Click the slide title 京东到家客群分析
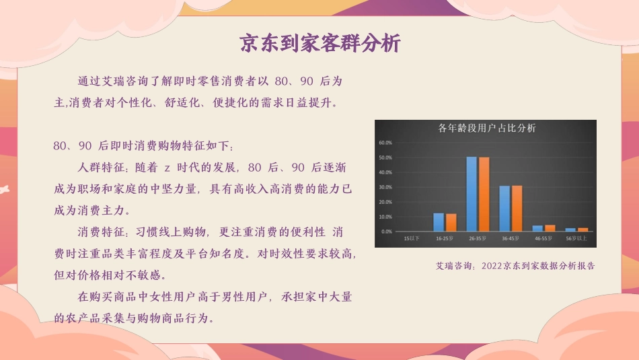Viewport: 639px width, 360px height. tap(319, 44)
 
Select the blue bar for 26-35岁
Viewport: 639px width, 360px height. tap(472, 194)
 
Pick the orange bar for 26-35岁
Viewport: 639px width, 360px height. tap(484, 194)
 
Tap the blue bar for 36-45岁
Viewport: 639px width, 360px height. tap(504, 209)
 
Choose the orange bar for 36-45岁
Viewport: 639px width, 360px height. tap(517, 209)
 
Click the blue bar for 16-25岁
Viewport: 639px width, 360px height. tap(439, 222)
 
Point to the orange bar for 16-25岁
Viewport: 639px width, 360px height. tap(451, 223)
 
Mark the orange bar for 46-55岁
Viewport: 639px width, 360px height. tap(550, 228)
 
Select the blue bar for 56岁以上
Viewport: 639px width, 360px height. tap(570, 230)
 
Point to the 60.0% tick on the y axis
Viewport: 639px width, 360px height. tap(385, 143)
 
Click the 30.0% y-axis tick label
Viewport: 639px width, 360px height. tap(385, 187)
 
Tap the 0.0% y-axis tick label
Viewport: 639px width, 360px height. tap(387, 231)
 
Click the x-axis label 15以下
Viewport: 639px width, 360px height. tap(412, 238)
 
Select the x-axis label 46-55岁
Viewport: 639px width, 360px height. tap(543, 238)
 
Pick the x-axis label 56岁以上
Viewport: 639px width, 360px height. tap(576, 238)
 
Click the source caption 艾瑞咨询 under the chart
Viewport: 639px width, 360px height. tap(455, 266)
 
